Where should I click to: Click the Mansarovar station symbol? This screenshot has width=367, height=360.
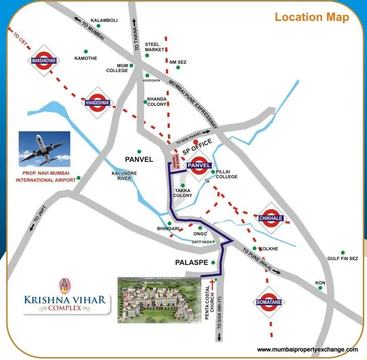pyautogui.click(x=43, y=60)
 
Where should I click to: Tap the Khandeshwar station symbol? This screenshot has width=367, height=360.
pyautogui.click(x=97, y=102)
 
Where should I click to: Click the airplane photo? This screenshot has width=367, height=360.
pyautogui.click(x=44, y=148)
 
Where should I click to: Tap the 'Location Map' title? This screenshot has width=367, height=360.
pyautogui.click(x=312, y=18)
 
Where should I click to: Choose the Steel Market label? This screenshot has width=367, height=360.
pyautogui.click(x=155, y=47)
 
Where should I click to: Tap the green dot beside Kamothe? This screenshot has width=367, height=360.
pyautogui.click(x=86, y=51)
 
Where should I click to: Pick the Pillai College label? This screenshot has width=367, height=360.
pyautogui.click(x=226, y=174)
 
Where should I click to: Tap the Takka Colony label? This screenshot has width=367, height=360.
pyautogui.click(x=183, y=192)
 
